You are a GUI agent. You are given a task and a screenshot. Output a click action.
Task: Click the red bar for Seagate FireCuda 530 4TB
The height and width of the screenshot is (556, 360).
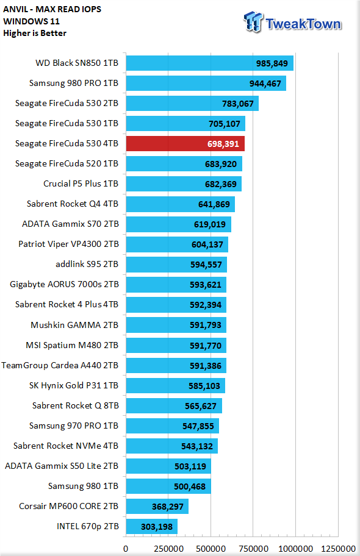click(x=185, y=144)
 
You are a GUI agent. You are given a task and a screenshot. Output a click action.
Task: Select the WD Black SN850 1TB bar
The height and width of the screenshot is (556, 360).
click(x=209, y=63)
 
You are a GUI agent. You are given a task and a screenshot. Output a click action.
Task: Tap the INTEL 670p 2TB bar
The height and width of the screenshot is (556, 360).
click(x=151, y=527)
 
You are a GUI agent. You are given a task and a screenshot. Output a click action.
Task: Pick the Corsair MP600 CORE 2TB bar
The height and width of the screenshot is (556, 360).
click(x=157, y=507)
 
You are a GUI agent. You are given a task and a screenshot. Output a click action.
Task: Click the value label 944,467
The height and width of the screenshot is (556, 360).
click(x=265, y=84)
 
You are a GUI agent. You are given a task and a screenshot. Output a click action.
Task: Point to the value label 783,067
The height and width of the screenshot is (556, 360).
click(x=238, y=104)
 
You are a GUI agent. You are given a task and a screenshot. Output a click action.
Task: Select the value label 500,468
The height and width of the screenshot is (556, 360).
click(x=190, y=486)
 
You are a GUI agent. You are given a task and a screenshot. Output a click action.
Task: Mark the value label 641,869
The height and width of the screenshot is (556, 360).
click(x=214, y=204)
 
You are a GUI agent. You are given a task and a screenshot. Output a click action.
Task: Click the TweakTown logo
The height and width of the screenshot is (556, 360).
click(x=292, y=23)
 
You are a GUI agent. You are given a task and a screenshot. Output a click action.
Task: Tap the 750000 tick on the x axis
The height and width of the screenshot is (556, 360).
click(x=253, y=549)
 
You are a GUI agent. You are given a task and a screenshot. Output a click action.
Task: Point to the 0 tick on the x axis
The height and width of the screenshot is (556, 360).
click(x=126, y=549)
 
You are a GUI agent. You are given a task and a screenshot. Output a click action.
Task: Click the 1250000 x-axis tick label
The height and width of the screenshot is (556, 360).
click(x=338, y=549)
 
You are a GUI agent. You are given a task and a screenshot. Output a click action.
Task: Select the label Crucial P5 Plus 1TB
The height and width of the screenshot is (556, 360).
click(x=81, y=184)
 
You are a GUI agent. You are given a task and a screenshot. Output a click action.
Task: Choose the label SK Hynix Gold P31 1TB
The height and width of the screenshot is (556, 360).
click(x=74, y=385)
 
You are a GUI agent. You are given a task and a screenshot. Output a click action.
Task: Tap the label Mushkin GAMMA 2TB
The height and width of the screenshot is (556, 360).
click(x=74, y=325)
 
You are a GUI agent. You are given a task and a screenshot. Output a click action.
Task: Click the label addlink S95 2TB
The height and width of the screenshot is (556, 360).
click(x=87, y=264)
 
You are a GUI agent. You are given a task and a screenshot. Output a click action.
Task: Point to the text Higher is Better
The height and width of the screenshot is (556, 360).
click(x=35, y=34)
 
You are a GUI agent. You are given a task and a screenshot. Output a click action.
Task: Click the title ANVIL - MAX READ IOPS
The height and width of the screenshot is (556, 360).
click(x=52, y=9)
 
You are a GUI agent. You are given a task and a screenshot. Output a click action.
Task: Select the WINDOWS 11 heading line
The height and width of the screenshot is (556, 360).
click(x=31, y=21)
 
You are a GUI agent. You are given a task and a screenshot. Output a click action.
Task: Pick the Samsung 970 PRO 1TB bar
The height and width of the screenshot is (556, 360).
click(x=173, y=426)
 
